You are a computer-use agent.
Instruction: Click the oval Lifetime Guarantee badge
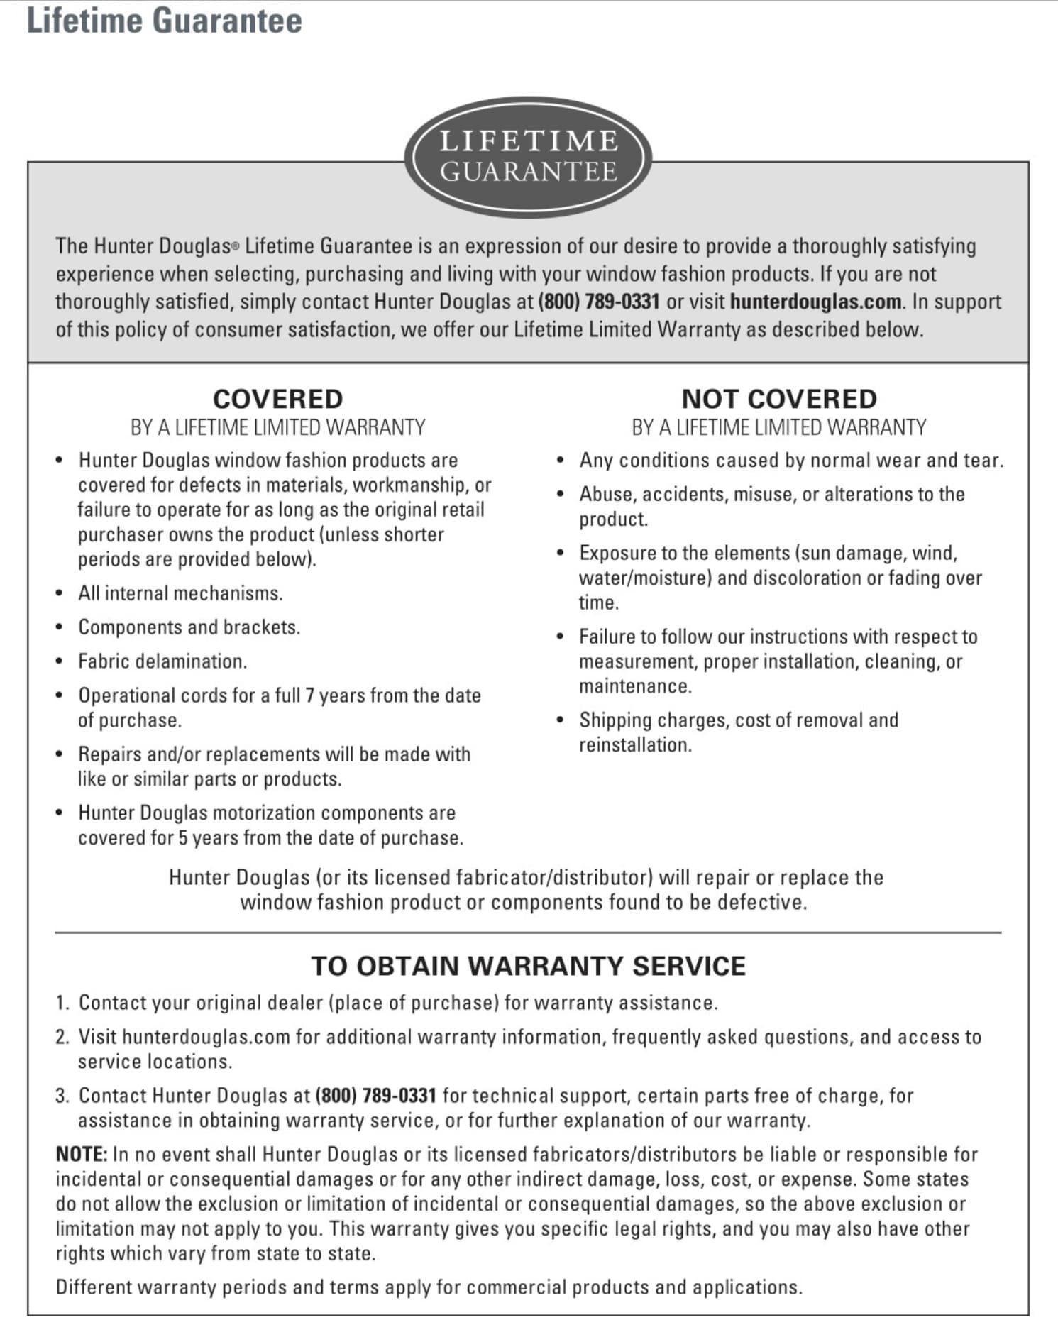point(528,157)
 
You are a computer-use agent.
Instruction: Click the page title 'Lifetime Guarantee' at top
point(164,21)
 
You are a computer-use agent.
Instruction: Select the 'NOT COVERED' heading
point(778,399)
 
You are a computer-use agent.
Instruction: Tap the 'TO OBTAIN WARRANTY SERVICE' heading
point(528,966)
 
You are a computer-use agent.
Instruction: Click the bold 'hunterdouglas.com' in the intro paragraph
point(815,302)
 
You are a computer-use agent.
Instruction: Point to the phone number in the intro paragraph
point(599,302)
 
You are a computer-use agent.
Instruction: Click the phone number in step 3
point(375,1095)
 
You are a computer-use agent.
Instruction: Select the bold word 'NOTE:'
point(81,1155)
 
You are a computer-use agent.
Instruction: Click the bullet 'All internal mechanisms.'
point(180,593)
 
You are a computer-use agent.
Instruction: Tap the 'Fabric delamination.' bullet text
point(162,661)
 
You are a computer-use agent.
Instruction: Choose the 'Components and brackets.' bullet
point(189,627)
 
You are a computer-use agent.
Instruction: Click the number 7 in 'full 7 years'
point(309,695)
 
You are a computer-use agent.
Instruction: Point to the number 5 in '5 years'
point(182,838)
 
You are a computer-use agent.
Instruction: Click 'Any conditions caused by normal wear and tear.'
point(791,461)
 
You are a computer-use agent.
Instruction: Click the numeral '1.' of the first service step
point(62,1003)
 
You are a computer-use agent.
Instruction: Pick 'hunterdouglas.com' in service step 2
point(206,1037)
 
